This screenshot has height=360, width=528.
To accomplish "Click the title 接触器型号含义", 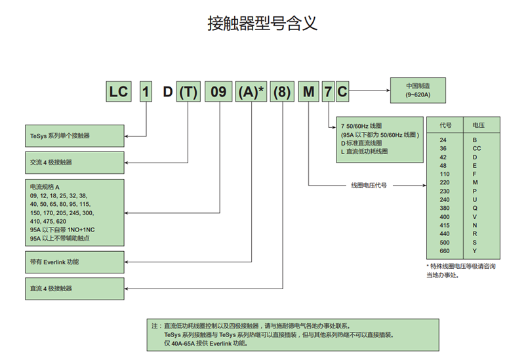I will [262, 24].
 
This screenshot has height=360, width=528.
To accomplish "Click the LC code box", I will [119, 92].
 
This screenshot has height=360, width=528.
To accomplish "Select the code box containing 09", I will [218, 92].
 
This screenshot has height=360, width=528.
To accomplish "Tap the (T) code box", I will [188, 92].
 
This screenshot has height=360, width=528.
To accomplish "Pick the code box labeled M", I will [308, 92].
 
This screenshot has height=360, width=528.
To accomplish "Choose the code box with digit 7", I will [327, 92].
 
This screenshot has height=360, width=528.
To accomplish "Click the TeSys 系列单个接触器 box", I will [74, 136].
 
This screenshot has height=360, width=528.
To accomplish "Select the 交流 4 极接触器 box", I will [74, 162].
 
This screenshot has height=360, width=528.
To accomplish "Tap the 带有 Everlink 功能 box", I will [74, 262].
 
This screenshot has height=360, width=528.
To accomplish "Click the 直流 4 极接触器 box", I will [74, 288].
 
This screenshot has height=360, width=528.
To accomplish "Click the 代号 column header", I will [445, 125].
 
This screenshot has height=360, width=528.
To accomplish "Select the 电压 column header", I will [478, 125].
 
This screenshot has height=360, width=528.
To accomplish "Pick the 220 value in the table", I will [445, 182].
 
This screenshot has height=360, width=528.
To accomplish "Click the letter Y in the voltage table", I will [475, 250].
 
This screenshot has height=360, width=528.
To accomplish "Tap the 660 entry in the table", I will [445, 250].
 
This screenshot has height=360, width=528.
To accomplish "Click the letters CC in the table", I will [477, 148].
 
